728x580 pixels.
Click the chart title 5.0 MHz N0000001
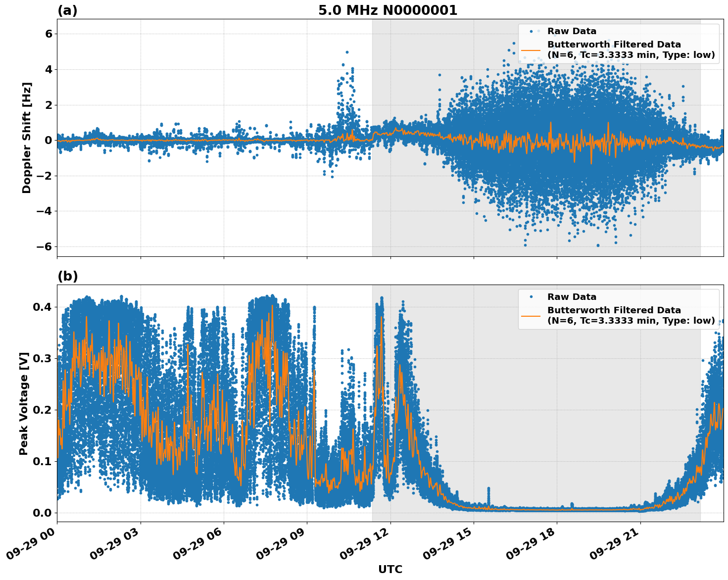388,10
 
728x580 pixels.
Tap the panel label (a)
67,10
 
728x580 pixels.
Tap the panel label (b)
67,276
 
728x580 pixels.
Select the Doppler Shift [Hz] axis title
27,138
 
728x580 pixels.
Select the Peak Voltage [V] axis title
24,403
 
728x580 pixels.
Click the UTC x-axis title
390,569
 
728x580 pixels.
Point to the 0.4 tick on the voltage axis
43,307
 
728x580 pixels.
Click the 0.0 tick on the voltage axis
43,513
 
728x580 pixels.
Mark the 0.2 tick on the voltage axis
43,410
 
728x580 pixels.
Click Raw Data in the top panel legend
572,32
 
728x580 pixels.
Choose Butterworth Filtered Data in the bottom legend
614,310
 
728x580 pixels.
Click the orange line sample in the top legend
531,49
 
